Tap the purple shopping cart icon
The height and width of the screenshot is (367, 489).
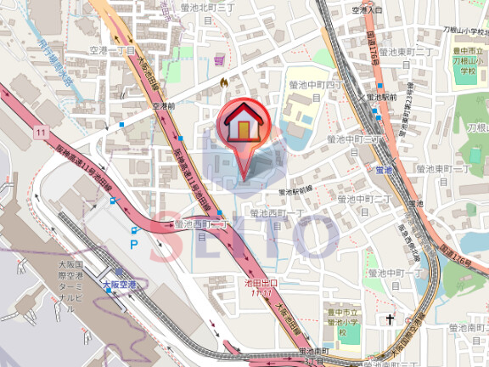[221, 61]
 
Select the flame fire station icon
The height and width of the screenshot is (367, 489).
[224, 82]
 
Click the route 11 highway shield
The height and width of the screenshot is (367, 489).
[40, 133]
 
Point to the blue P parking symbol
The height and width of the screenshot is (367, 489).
[133, 244]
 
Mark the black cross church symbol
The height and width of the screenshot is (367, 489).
[391, 319]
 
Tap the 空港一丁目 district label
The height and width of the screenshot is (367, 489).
[113, 50]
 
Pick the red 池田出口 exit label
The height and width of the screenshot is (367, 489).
[261, 282]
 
